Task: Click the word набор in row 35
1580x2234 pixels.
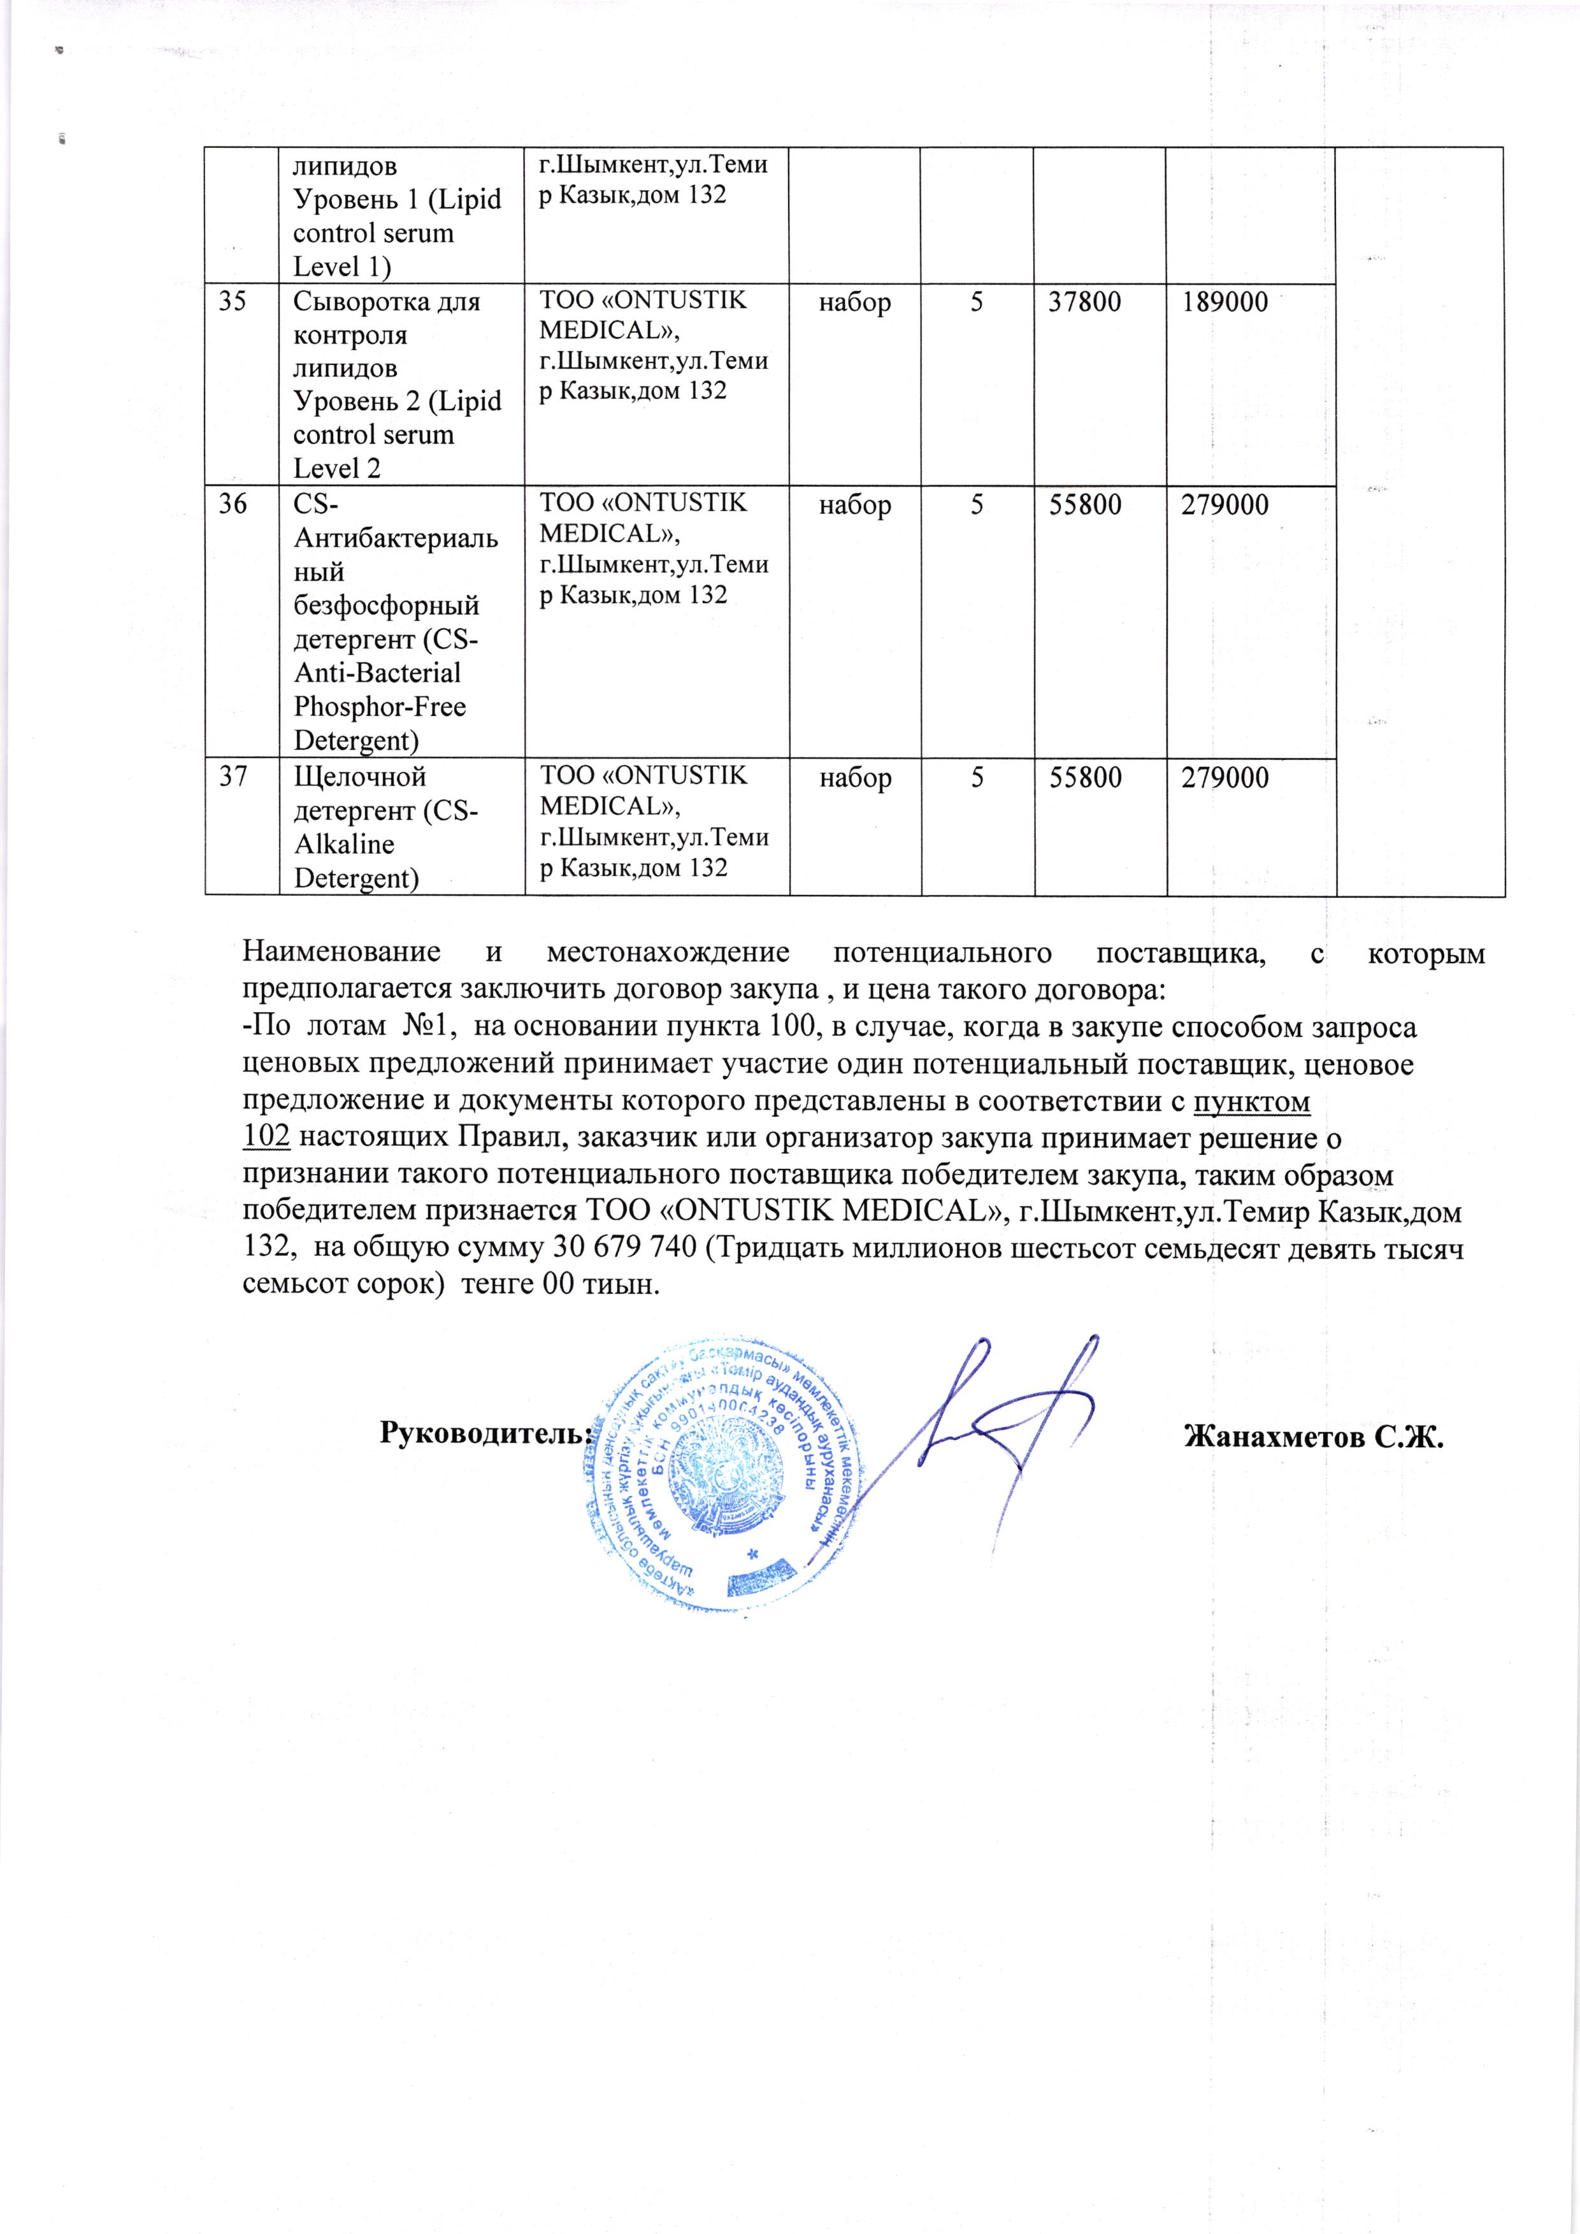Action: tap(855, 302)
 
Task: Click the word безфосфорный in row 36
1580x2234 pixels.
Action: tap(386, 605)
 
